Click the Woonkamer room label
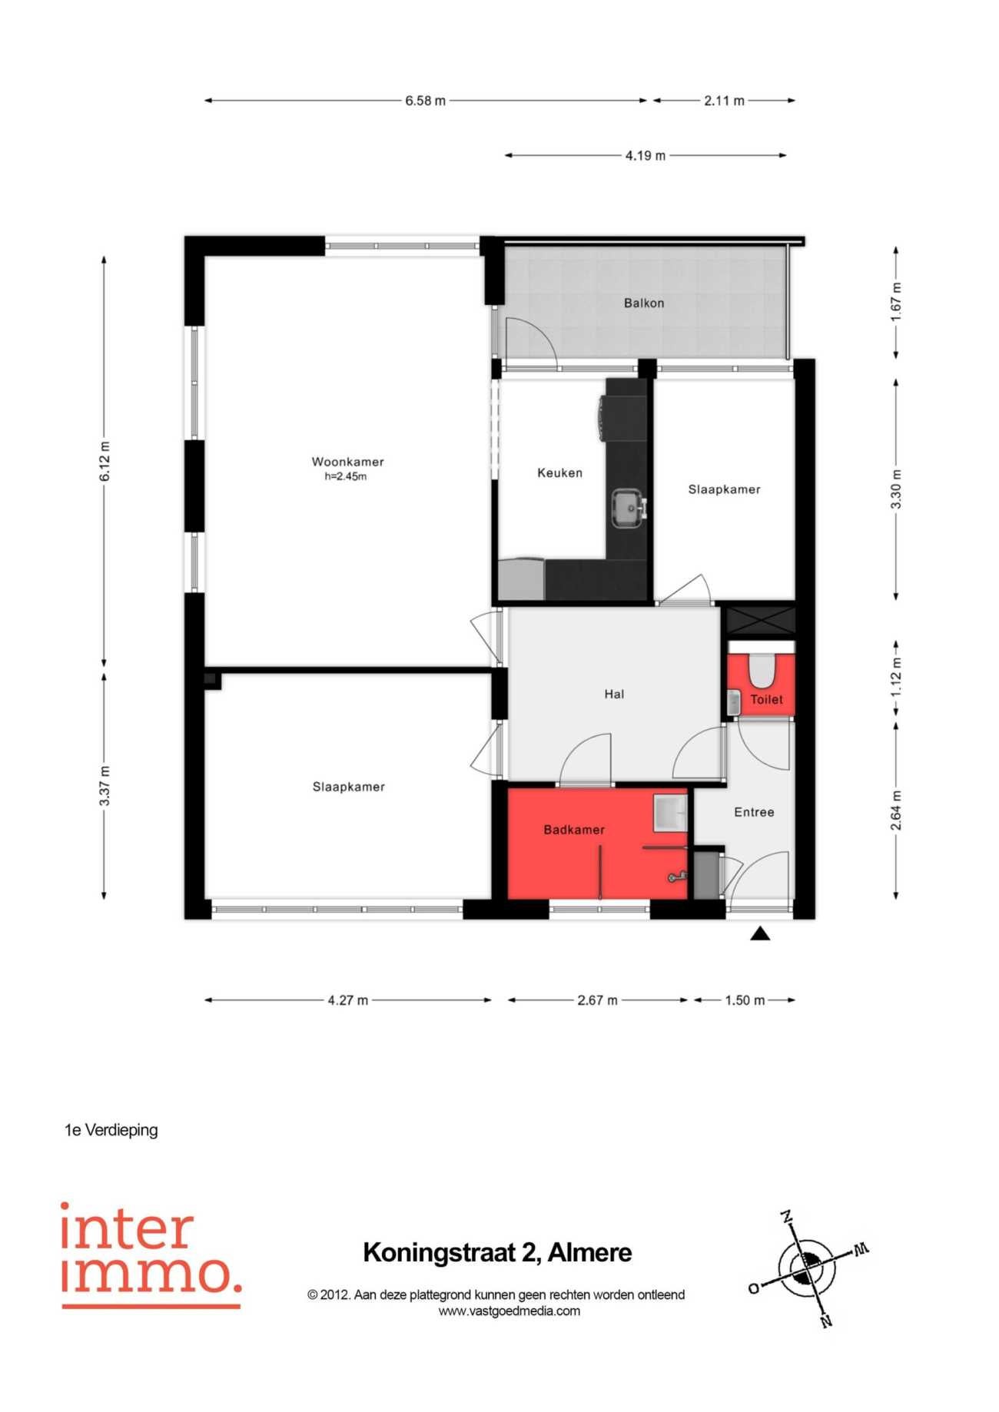[x=347, y=462]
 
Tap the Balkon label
[x=644, y=303]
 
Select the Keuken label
[x=559, y=473]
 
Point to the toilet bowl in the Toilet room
[x=762, y=670]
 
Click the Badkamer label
[x=574, y=830]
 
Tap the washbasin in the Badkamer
[x=670, y=813]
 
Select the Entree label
[x=754, y=812]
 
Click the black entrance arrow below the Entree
[x=760, y=933]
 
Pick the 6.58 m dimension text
[x=425, y=101]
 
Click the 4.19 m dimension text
[x=645, y=156]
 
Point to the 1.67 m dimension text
[x=896, y=303]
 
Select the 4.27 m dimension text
[x=347, y=1000]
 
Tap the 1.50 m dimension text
[x=745, y=1000]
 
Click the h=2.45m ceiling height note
[x=346, y=476]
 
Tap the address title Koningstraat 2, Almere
[x=497, y=1253]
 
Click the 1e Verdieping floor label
[x=111, y=1130]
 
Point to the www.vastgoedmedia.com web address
[x=509, y=1311]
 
